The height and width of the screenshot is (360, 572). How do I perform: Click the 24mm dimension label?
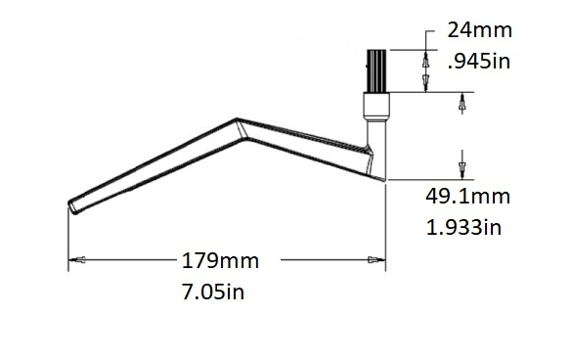click(x=479, y=29)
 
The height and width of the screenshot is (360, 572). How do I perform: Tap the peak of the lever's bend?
click(x=237, y=121)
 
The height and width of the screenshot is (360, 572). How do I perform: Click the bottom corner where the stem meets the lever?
click(x=383, y=179)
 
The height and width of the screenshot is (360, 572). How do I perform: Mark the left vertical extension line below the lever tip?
click(x=67, y=235)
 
